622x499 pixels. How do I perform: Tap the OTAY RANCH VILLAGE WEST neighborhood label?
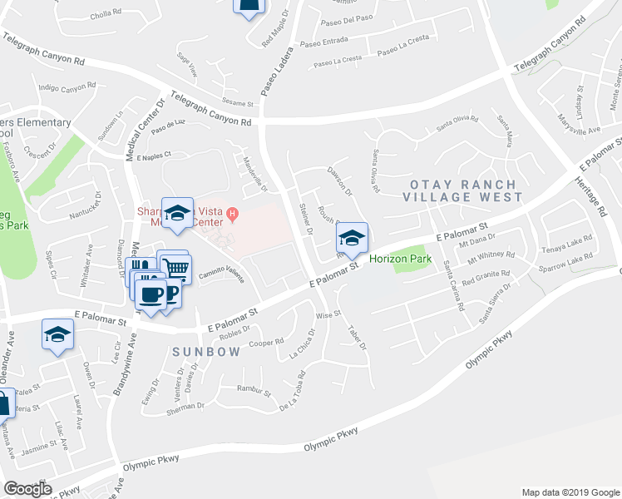click(x=462, y=190)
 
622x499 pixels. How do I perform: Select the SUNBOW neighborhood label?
click(x=206, y=352)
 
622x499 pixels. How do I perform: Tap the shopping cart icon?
click(x=175, y=269)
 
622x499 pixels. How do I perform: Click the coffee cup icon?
click(x=151, y=295)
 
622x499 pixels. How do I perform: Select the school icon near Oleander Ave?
click(x=57, y=334)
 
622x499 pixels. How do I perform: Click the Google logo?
click(x=27, y=488)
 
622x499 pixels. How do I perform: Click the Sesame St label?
click(x=237, y=103)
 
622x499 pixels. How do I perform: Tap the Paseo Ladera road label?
click(x=272, y=71)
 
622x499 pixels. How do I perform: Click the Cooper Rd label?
click(x=267, y=342)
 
